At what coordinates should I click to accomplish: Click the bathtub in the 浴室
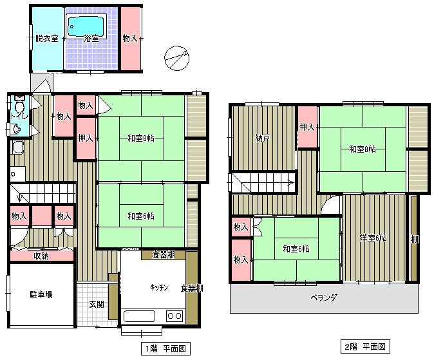click(x=86, y=26)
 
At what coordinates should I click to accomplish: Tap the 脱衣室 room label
click(x=47, y=38)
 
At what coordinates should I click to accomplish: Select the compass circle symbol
click(x=176, y=59)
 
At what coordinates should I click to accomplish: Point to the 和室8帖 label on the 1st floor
click(x=141, y=138)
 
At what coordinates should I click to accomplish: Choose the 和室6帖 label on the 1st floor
click(x=141, y=216)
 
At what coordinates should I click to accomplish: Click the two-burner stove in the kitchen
click(x=175, y=316)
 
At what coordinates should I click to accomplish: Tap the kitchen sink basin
click(x=139, y=316)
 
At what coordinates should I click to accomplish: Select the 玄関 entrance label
click(x=97, y=305)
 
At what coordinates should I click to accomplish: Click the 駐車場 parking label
click(x=41, y=294)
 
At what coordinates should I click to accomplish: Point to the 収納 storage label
click(x=41, y=256)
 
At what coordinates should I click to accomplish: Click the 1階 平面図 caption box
click(x=165, y=348)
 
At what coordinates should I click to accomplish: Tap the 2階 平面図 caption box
click(x=365, y=346)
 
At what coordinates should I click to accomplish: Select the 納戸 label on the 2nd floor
click(x=262, y=138)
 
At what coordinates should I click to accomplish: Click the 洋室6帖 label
click(x=373, y=238)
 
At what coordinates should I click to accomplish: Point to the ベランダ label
click(x=324, y=298)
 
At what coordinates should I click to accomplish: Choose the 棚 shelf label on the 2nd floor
click(x=414, y=239)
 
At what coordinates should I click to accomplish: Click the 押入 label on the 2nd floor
click(x=307, y=127)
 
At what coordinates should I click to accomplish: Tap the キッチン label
click(x=159, y=288)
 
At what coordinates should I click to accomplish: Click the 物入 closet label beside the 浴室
click(x=130, y=38)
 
